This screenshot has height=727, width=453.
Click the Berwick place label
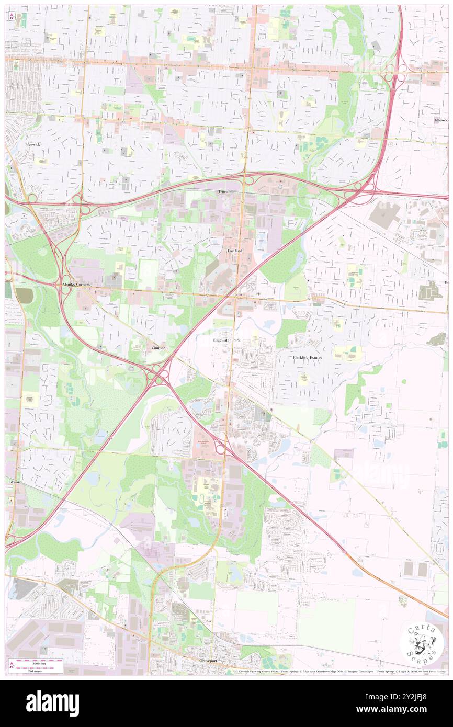point(32,144)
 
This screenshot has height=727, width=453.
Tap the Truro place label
point(224,192)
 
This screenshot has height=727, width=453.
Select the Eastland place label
point(235,251)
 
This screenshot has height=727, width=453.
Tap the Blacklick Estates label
point(307,358)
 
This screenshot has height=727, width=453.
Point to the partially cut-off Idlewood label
point(441,120)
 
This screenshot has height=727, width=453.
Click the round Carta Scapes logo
point(422,643)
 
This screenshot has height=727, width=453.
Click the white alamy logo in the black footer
point(52,703)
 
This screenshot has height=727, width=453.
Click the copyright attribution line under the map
point(340,671)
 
